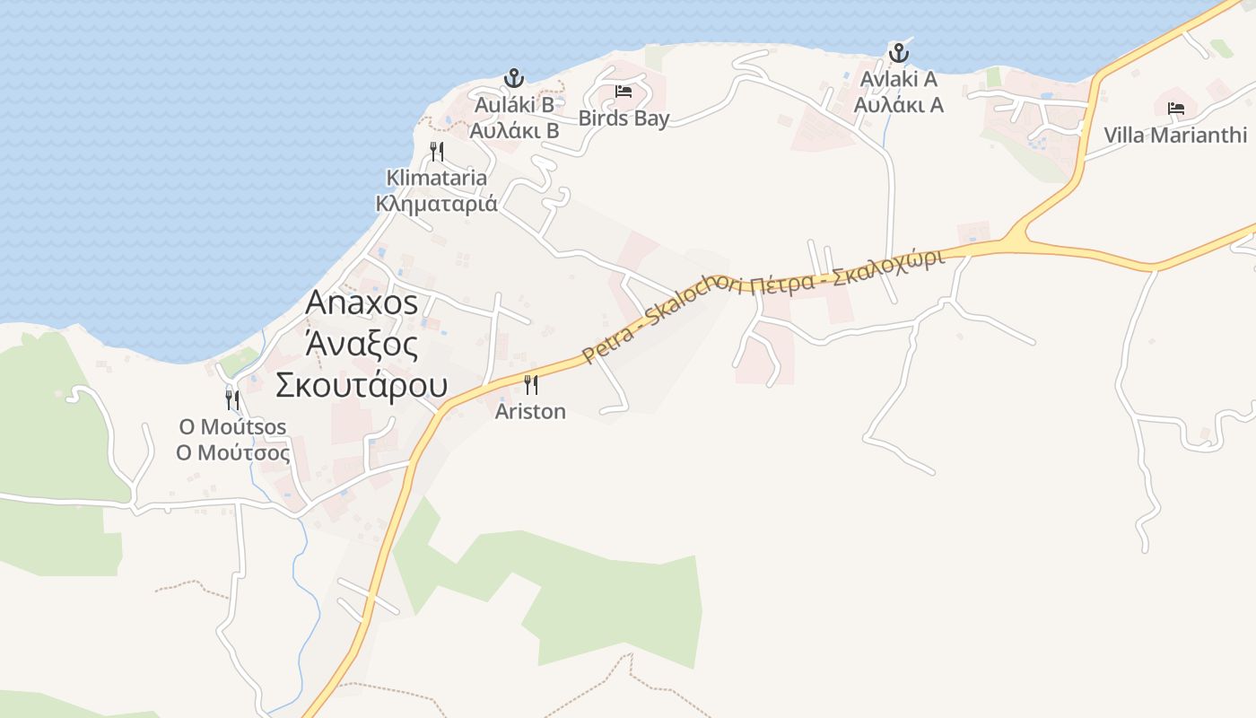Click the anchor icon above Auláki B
[513, 78]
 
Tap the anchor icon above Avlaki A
[898, 53]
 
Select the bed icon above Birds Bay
[624, 92]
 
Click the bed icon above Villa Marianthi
[1175, 109]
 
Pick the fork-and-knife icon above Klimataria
[437, 151]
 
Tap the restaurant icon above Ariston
[531, 385]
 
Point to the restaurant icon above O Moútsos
[232, 399]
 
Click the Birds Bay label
[624, 118]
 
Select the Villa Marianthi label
[1175, 136]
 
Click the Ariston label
[531, 412]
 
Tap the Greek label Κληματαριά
[437, 203]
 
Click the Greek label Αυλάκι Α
[898, 105]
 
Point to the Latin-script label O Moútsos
[232, 426]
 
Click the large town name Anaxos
[362, 302]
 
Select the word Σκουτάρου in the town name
[362, 385]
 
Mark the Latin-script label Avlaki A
[898, 79]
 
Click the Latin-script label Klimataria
[437, 178]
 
